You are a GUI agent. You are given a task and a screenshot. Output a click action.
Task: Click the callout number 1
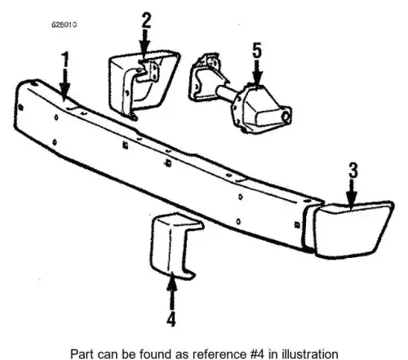tap(65, 60)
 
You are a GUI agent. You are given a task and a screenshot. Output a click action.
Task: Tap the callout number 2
tap(146, 20)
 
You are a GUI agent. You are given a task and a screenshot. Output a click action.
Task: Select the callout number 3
tap(353, 171)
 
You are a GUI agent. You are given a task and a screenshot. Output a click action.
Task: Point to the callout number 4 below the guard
tap(171, 319)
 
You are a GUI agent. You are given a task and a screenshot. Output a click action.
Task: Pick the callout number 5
tap(257, 51)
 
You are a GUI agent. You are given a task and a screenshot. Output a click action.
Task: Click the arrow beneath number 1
tap(64, 84)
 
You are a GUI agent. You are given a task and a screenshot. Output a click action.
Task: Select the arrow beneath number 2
tap(145, 42)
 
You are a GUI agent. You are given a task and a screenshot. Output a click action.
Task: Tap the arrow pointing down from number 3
tap(352, 194)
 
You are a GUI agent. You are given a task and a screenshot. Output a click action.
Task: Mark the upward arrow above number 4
tap(171, 291)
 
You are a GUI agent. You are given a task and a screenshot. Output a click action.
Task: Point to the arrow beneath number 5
tap(257, 71)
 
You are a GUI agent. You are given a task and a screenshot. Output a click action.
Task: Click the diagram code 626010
tap(64, 24)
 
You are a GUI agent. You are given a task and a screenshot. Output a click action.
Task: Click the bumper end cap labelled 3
tap(353, 230)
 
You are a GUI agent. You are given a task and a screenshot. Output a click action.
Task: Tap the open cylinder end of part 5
tap(286, 117)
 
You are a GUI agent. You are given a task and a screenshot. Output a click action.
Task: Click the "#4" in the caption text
tap(256, 354)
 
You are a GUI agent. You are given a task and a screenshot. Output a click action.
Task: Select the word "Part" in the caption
tap(82, 354)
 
